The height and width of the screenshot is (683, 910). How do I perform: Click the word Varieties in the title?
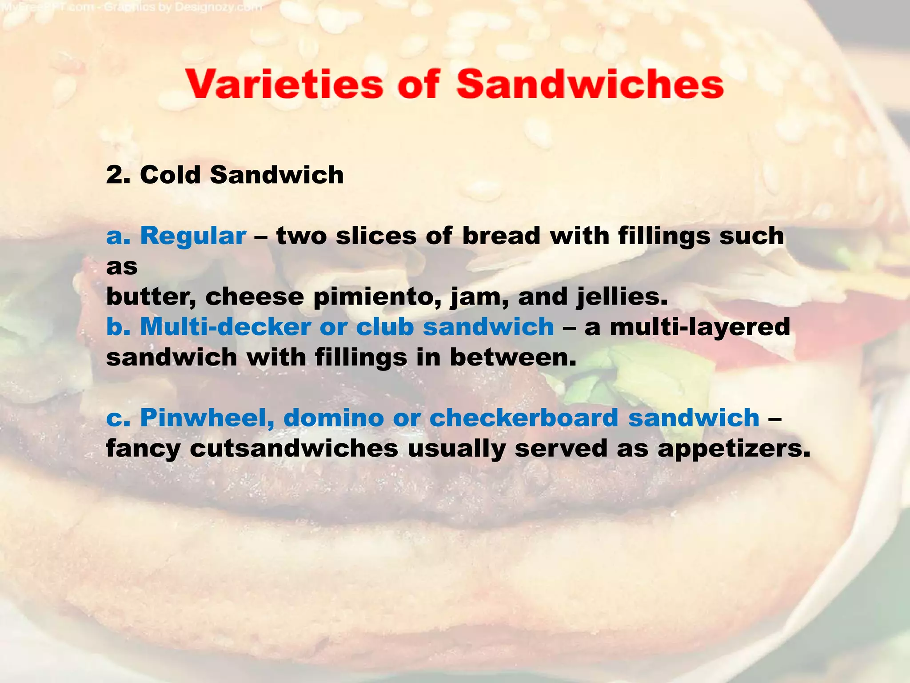click(285, 84)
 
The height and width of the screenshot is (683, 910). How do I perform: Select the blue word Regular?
click(193, 236)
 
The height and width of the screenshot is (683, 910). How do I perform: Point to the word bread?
click(501, 236)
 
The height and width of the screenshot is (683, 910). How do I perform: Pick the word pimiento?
click(377, 297)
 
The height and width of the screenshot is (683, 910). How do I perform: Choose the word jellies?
click(622, 297)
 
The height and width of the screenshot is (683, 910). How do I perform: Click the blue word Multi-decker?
click(225, 327)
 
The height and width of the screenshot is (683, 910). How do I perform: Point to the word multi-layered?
click(700, 327)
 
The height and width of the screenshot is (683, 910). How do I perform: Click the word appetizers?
click(734, 449)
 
